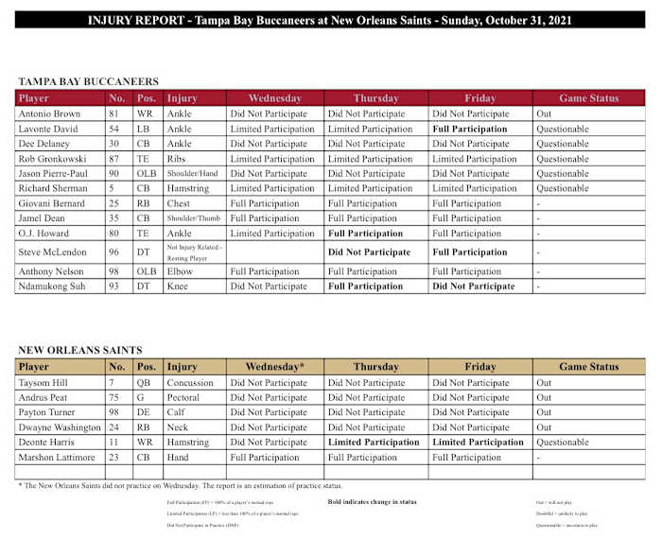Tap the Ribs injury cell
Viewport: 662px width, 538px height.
pyautogui.click(x=177, y=159)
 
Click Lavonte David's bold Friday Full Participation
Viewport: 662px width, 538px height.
pyautogui.click(x=469, y=129)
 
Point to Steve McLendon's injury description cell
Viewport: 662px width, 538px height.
pyautogui.click(x=194, y=252)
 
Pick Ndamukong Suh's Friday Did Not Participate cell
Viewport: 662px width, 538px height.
pyautogui.click(x=473, y=286)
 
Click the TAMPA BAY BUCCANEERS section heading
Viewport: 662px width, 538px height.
pyautogui.click(x=89, y=82)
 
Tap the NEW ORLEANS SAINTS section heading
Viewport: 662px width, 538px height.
pyautogui.click(x=80, y=350)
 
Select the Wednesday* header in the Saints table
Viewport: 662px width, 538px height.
pyautogui.click(x=274, y=367)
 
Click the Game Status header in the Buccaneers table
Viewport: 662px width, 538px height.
pyautogui.click(x=588, y=98)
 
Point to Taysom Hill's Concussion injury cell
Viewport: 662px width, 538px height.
pyautogui.click(x=190, y=383)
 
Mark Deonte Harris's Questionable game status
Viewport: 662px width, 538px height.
pyautogui.click(x=563, y=443)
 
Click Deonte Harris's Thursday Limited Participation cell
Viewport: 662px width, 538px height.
pyautogui.click(x=373, y=443)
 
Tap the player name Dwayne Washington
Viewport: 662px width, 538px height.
pyautogui.click(x=61, y=427)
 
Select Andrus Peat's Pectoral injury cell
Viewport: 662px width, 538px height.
pyautogui.click(x=183, y=398)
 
